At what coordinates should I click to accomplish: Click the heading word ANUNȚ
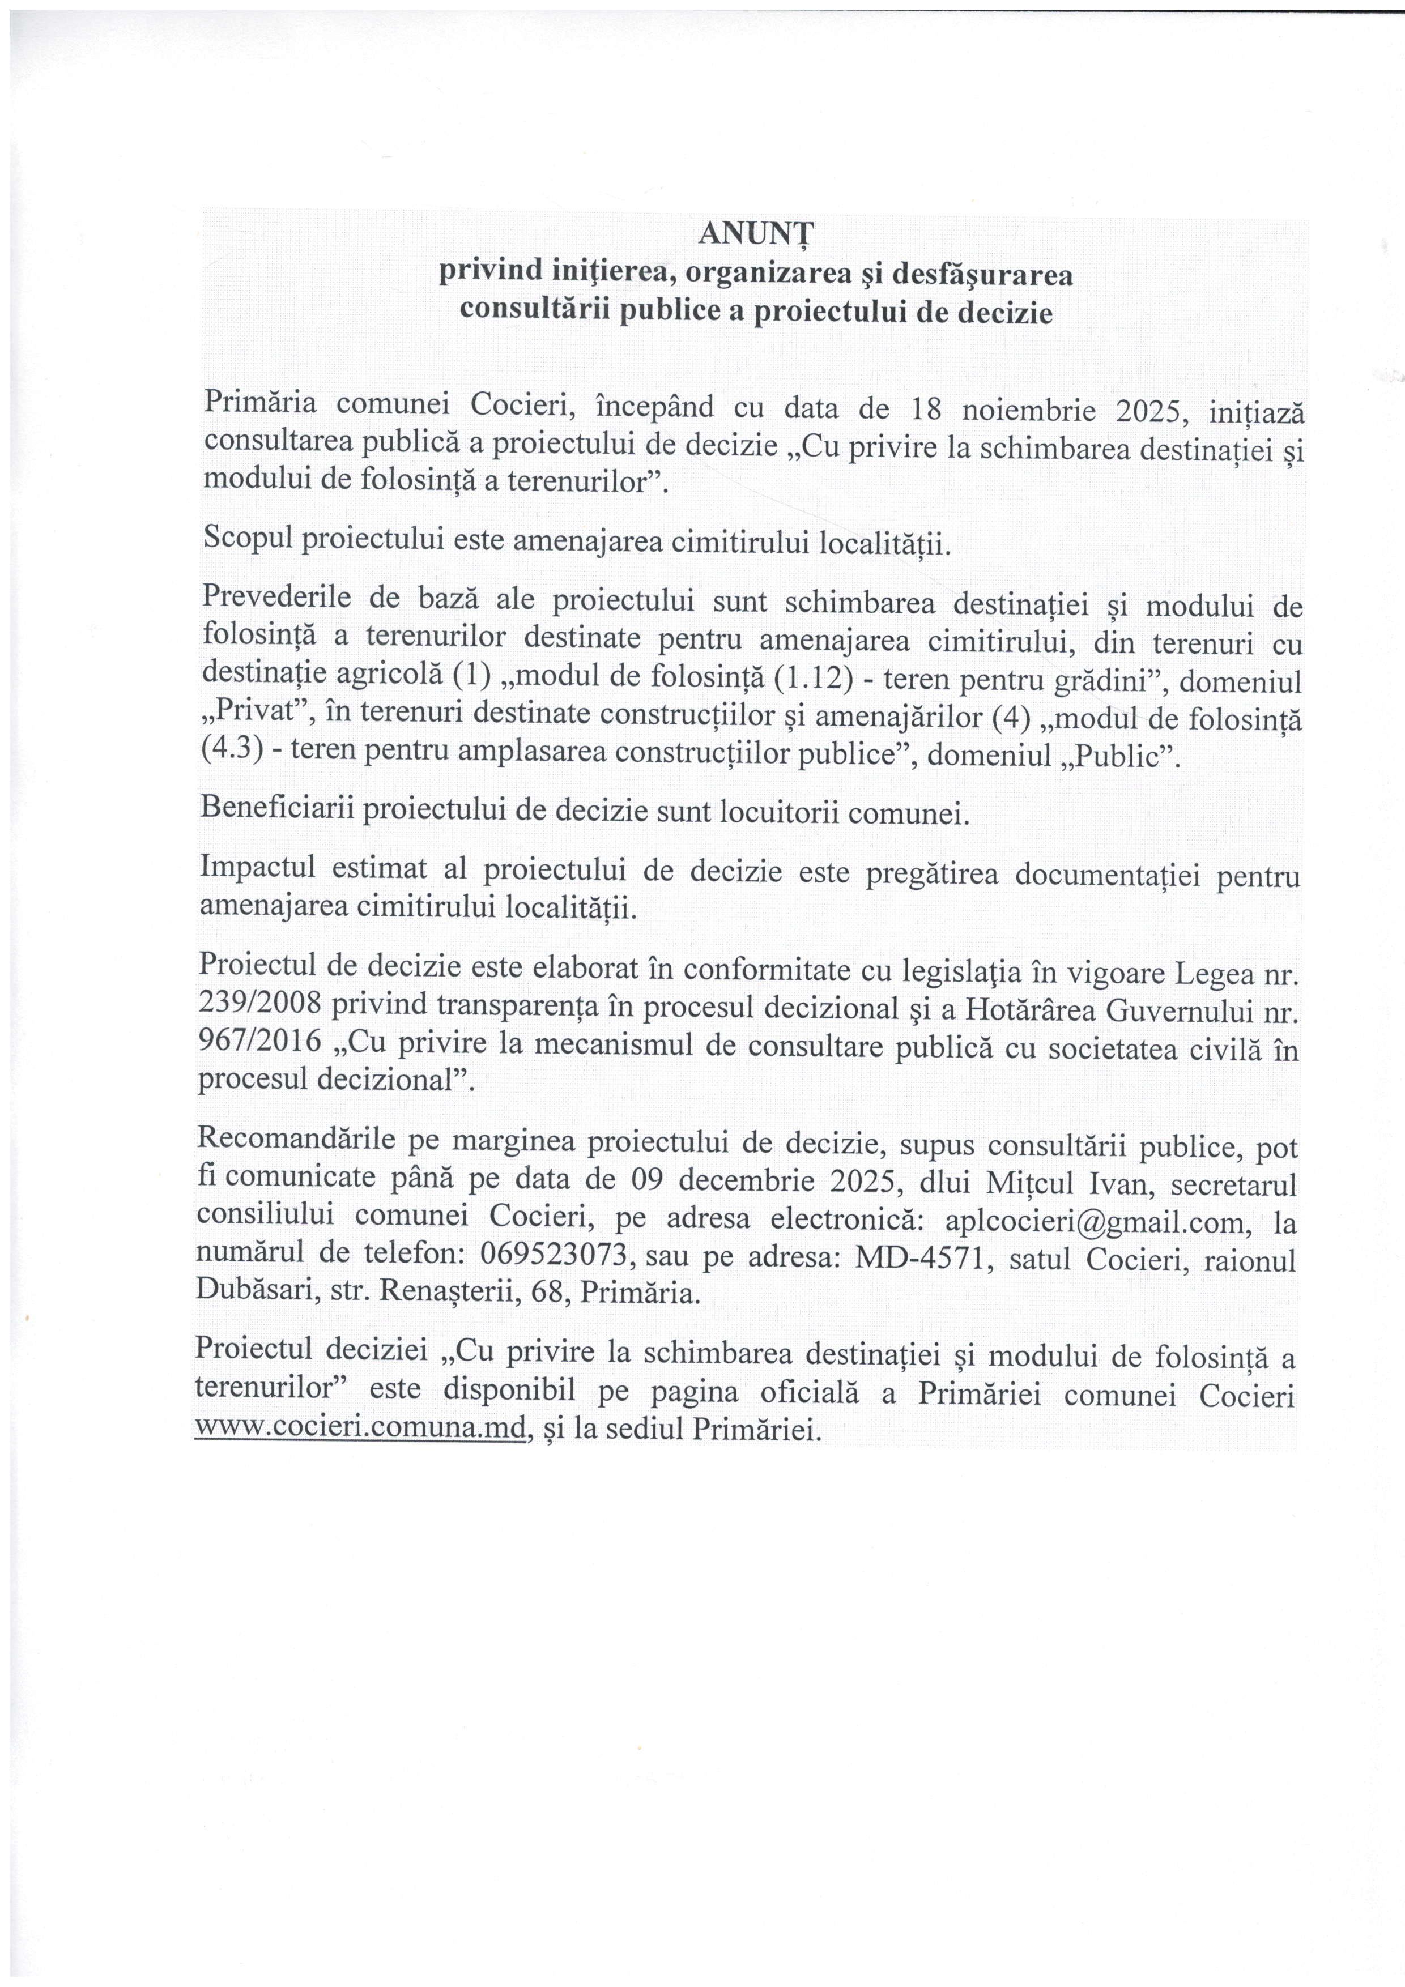(757, 234)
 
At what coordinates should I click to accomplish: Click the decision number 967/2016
(261, 1044)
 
